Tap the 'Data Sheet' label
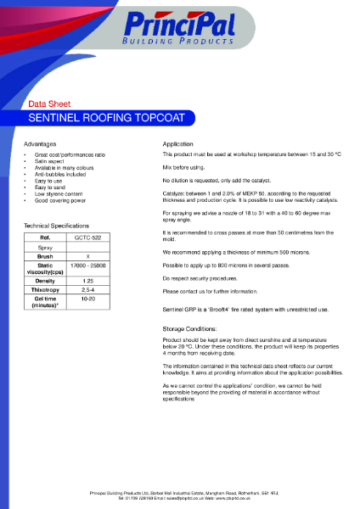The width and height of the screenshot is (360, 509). click(x=47, y=103)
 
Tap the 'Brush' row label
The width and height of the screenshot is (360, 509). click(x=46, y=255)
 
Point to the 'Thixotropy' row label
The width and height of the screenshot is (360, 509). click(x=46, y=290)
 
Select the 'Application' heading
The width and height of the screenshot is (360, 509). click(x=178, y=144)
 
